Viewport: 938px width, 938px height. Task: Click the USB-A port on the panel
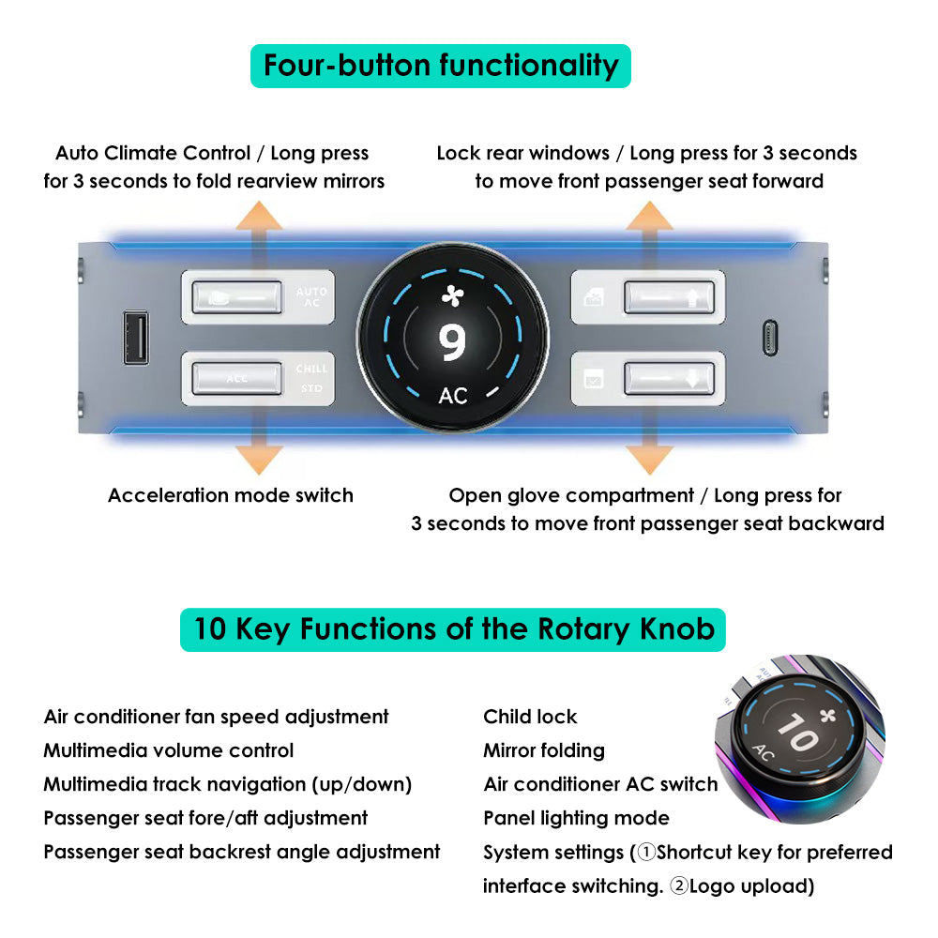136,338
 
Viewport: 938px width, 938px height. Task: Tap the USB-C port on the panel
770,338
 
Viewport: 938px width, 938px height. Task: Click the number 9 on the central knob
452,342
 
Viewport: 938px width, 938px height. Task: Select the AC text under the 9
453,396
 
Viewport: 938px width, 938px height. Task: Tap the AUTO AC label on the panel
311,297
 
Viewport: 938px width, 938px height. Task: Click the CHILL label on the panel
311,369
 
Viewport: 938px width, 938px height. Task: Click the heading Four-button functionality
441,66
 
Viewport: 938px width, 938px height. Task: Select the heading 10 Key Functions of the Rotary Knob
453,630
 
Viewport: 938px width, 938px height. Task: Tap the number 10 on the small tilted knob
797,733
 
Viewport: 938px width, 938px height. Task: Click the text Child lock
530,717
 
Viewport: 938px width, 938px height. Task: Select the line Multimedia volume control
169,750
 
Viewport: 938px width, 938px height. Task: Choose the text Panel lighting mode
576,818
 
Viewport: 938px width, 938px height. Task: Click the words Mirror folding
544,750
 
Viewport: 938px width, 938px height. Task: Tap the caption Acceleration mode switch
231,496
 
